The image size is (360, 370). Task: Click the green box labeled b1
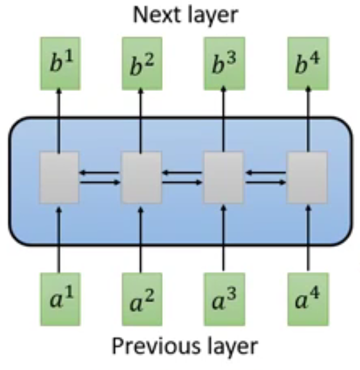(60, 63)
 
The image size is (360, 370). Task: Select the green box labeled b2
(141, 63)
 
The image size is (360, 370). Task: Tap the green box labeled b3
(224, 63)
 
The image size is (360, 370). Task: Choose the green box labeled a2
(141, 300)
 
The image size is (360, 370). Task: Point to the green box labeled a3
(224, 298)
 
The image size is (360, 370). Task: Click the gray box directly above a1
(60, 177)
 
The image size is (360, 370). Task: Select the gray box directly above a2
(141, 177)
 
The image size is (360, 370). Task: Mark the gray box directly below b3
(224, 177)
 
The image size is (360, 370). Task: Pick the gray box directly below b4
(307, 177)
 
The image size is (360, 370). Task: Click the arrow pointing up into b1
(60, 119)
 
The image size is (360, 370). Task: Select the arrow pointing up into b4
(308, 119)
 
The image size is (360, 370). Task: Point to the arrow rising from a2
(141, 238)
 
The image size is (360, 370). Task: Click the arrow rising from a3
(224, 238)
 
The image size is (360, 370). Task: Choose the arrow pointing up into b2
(141, 119)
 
